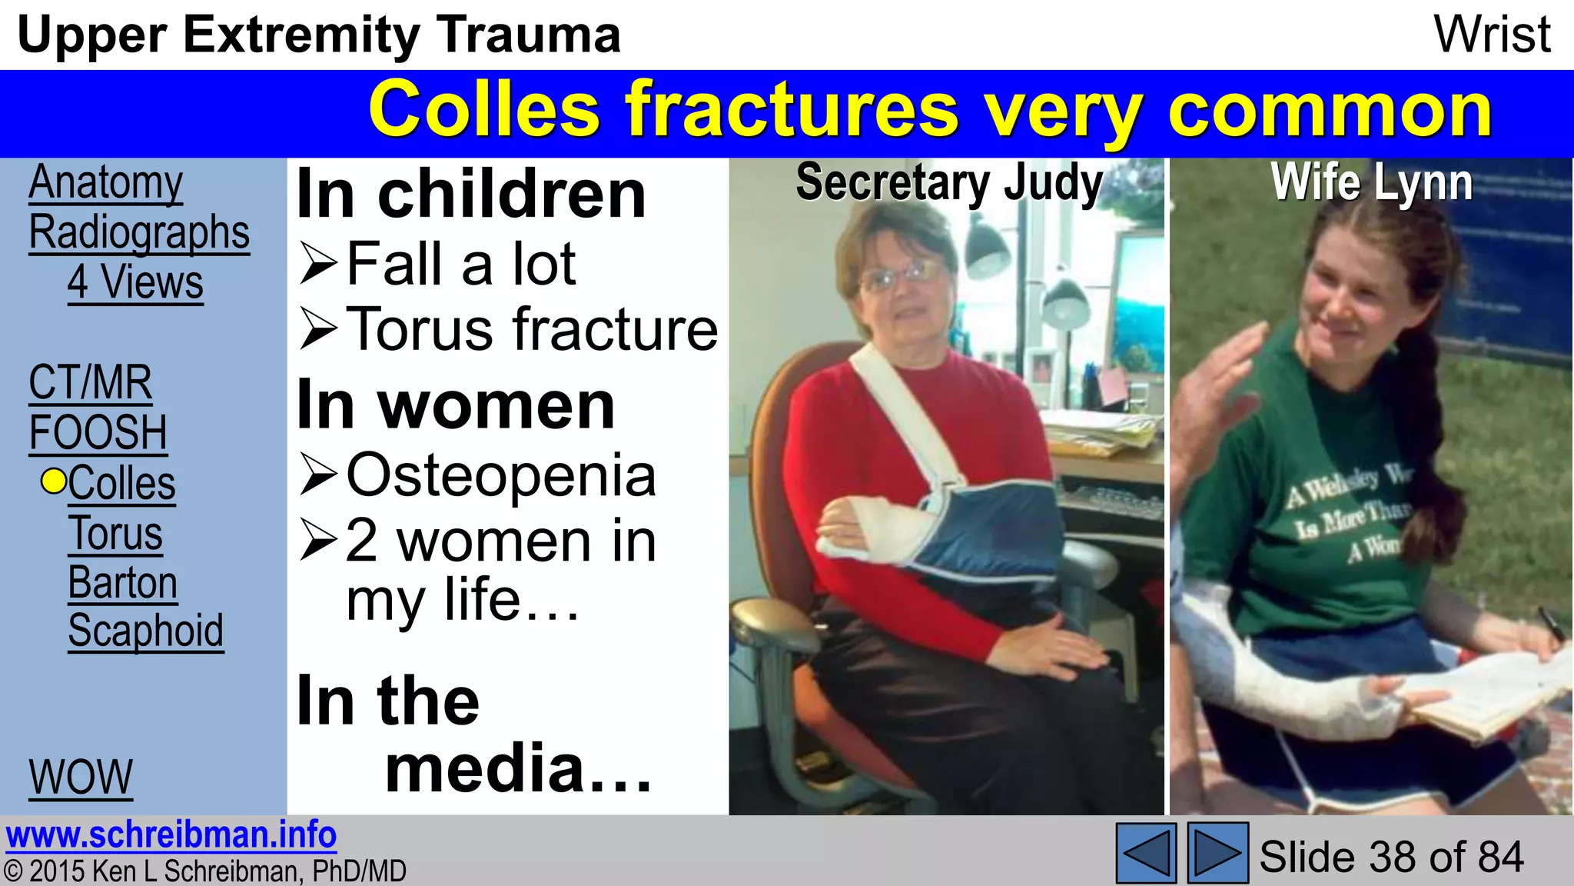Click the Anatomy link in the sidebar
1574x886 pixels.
point(105,183)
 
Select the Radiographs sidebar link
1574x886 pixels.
point(139,233)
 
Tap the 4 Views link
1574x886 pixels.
point(135,283)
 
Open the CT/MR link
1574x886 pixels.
point(90,383)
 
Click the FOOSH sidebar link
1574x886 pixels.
point(98,433)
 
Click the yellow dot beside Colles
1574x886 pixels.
point(54,481)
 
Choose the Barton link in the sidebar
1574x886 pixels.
point(122,583)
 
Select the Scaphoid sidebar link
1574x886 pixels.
point(145,631)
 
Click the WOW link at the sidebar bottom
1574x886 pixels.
point(81,778)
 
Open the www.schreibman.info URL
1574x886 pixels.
point(171,835)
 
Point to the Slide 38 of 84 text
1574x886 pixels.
point(1390,857)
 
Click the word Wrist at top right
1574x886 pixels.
point(1492,35)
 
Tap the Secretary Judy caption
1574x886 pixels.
point(948,183)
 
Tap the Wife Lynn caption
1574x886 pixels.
point(1371,183)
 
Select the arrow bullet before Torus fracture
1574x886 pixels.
point(318,329)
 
